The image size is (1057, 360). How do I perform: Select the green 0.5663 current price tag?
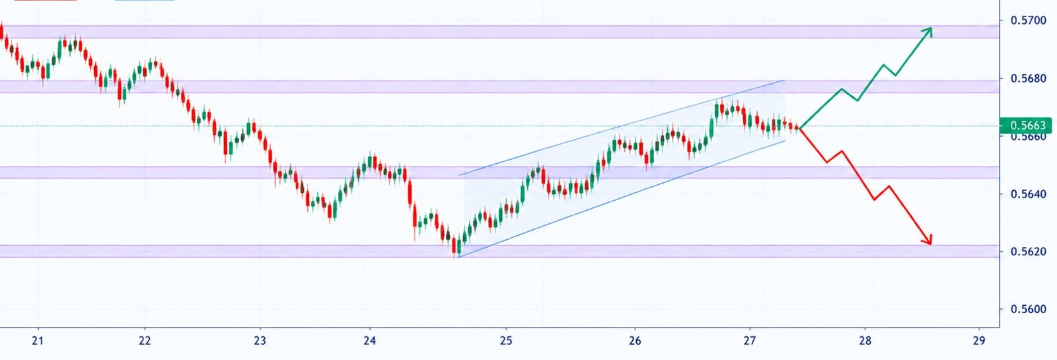click(1025, 126)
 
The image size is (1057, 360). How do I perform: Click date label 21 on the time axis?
click(38, 341)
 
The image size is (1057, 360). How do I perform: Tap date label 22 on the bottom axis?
click(145, 341)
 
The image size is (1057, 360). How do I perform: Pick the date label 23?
click(260, 341)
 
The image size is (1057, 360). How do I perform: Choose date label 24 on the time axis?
click(370, 341)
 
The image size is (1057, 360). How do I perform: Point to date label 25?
click(506, 341)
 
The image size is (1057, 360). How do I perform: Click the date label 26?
click(635, 341)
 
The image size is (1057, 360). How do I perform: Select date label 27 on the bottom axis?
click(750, 341)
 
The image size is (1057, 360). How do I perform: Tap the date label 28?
click(865, 341)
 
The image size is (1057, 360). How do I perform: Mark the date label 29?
click(979, 341)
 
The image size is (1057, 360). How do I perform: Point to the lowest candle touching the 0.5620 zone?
click(455, 246)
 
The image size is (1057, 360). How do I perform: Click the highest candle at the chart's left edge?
click(1, 31)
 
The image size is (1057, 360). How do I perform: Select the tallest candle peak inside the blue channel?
click(721, 106)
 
